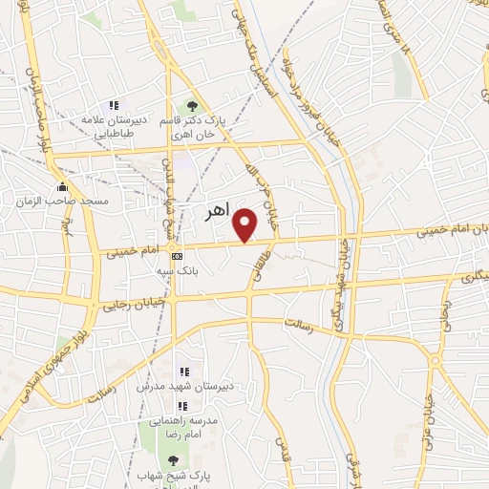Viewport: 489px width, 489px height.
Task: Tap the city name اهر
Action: (219, 212)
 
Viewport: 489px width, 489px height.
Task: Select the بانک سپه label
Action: (178, 270)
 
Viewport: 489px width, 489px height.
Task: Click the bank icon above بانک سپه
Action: (177, 256)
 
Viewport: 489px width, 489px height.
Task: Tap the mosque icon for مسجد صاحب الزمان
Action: (63, 186)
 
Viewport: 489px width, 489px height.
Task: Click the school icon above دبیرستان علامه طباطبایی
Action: (114, 105)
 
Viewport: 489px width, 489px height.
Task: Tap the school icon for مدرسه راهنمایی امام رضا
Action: (182, 405)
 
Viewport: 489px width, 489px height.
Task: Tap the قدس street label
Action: (281, 445)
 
